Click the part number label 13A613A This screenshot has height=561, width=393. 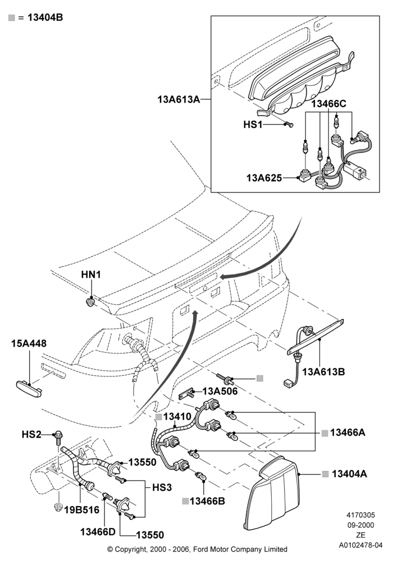click(179, 99)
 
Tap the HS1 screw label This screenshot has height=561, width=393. click(253, 124)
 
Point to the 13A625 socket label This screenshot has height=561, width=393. click(264, 177)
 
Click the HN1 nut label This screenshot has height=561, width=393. click(91, 274)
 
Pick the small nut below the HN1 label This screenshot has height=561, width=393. click(91, 302)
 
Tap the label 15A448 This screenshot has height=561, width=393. click(29, 343)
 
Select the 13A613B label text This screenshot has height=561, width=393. click(323, 372)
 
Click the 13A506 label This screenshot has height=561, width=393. click(220, 391)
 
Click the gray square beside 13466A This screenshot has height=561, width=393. click(325, 433)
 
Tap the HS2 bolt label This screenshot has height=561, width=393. click(31, 434)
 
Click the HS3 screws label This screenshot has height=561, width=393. click(162, 488)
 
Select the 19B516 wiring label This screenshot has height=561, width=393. click(81, 510)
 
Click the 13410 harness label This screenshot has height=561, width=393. click(177, 416)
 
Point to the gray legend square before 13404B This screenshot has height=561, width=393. click(11, 17)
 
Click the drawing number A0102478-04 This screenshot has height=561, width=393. click(361, 545)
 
